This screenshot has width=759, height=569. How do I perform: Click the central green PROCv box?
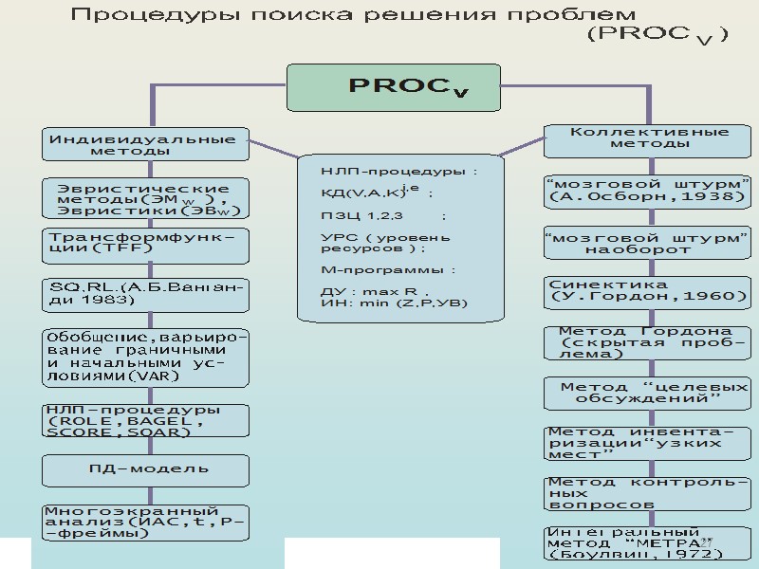click(x=408, y=87)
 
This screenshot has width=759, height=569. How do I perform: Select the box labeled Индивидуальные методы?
click(x=143, y=144)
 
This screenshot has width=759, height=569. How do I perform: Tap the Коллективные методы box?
click(x=650, y=138)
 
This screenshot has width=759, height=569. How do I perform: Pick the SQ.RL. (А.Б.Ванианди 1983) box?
click(x=143, y=293)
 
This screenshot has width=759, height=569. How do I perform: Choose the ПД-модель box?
click(x=143, y=469)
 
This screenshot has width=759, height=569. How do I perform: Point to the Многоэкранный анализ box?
click(x=143, y=522)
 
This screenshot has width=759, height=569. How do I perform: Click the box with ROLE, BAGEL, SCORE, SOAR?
click(x=143, y=420)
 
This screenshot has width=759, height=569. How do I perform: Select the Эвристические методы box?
click(x=143, y=198)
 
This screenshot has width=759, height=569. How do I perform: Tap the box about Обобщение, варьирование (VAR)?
click(x=143, y=356)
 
